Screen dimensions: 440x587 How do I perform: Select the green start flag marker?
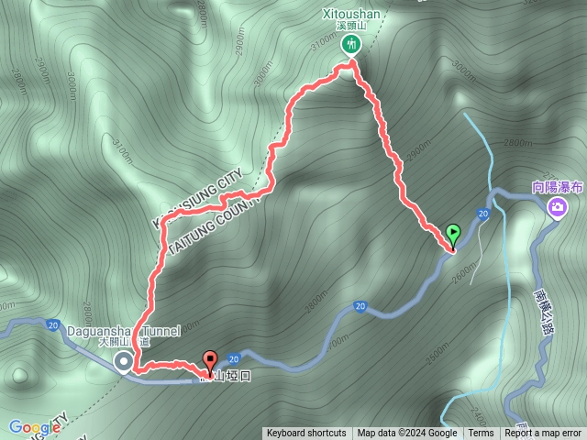pos(452,233)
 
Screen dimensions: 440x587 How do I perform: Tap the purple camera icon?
pos(557,208)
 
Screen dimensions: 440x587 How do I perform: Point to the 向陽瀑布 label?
pos(557,187)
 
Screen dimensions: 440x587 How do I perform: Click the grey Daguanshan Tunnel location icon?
pos(124,366)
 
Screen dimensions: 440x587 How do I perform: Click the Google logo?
pos(35,427)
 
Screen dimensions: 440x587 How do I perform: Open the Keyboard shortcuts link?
pos(306,434)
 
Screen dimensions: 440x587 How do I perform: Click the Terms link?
pos(481,434)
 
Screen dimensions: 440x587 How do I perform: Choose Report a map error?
pos(543,434)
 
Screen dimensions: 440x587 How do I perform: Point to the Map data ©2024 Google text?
pos(407,434)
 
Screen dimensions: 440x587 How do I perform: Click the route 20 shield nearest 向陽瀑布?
pos(482,214)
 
